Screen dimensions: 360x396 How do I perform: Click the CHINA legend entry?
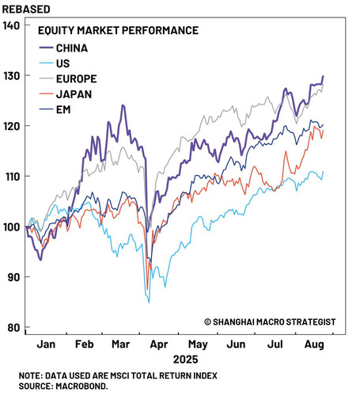point(72,48)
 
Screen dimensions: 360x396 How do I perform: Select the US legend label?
point(63,63)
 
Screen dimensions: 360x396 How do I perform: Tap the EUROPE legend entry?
point(77,79)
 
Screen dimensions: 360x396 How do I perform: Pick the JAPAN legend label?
point(74,94)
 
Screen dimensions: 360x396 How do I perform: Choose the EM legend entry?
point(63,110)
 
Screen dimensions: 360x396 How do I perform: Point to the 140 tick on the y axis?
point(11,25)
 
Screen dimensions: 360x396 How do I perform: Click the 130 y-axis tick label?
point(11,76)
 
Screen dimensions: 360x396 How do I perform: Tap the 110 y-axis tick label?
point(11,177)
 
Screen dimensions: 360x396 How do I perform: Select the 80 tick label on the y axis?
point(13,328)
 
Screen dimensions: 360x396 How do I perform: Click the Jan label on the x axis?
point(46,345)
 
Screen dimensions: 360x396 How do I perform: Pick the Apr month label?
point(159,345)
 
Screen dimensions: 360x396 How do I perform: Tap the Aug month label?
point(314,345)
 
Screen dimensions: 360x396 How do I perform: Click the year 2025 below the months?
point(185,360)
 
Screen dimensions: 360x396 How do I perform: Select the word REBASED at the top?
point(26,10)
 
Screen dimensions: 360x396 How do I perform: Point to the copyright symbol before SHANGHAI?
point(207,322)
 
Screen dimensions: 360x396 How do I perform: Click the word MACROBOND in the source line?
point(81,386)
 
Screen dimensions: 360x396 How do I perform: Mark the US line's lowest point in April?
point(149,303)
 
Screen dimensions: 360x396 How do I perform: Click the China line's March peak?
point(123,105)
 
